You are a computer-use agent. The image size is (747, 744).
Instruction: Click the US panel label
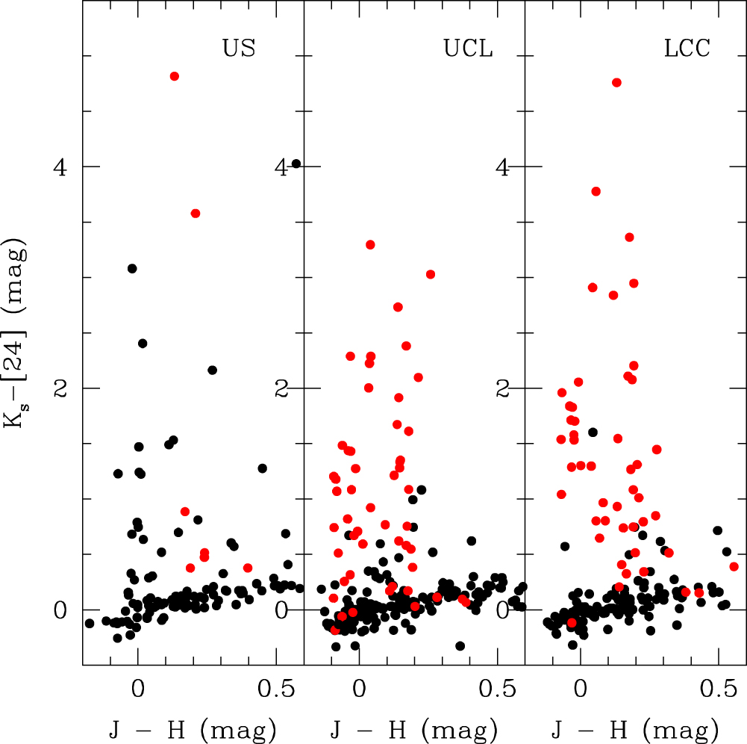(x=239, y=48)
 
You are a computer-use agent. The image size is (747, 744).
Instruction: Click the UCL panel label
(x=468, y=48)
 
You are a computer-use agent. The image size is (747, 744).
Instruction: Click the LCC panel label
(x=687, y=48)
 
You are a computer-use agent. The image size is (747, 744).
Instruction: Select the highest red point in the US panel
(x=175, y=76)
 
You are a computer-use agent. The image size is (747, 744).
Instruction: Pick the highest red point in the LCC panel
(x=616, y=82)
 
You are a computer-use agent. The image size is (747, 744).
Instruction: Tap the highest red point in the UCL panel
(x=370, y=245)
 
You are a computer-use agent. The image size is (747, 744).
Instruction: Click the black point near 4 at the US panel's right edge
(x=296, y=164)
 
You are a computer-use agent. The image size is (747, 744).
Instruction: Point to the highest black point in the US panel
(x=132, y=268)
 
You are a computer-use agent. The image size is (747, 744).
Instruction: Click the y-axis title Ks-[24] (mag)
(x=15, y=333)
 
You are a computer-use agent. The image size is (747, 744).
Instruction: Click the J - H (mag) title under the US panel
(x=193, y=730)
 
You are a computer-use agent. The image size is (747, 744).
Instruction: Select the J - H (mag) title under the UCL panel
(x=413, y=730)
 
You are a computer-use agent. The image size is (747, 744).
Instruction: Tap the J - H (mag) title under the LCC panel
(x=634, y=730)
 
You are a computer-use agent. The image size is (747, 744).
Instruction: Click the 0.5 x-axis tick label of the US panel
(x=276, y=689)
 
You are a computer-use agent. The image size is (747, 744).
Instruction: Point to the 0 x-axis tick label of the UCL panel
(x=359, y=689)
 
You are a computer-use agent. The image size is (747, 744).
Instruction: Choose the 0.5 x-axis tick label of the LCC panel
(x=719, y=689)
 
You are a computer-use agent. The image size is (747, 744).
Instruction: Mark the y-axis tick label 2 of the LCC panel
(x=502, y=389)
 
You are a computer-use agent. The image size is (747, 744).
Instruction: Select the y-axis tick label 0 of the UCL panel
(x=281, y=610)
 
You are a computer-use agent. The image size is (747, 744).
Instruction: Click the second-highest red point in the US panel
(x=196, y=213)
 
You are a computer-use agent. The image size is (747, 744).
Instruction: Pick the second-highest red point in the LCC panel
(x=596, y=191)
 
